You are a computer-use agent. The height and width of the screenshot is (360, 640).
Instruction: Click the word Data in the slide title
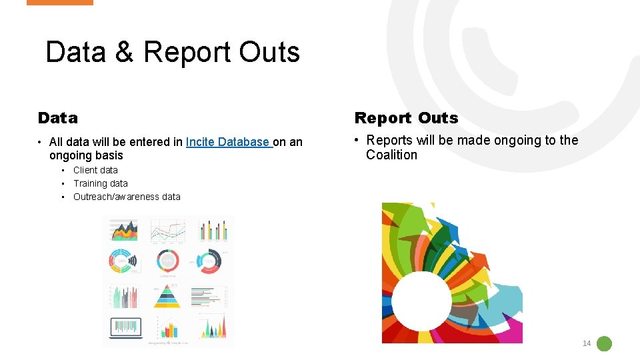pyautogui.click(x=75, y=52)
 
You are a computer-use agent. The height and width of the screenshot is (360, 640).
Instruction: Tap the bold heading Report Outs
pyautogui.click(x=406, y=118)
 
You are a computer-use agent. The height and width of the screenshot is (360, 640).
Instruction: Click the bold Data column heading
pyautogui.click(x=58, y=118)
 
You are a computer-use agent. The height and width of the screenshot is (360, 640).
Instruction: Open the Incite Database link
pyautogui.click(x=229, y=142)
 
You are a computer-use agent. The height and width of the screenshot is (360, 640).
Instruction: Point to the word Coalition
pyautogui.click(x=391, y=155)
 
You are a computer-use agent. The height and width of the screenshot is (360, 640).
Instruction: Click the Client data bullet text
pyautogui.click(x=95, y=170)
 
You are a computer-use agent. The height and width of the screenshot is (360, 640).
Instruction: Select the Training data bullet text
pyautogui.click(x=100, y=183)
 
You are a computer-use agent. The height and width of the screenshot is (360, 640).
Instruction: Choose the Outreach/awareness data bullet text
pyautogui.click(x=127, y=197)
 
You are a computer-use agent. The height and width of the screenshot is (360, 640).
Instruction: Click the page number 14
pyautogui.click(x=587, y=343)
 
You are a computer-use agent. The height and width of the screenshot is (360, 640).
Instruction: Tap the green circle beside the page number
pyautogui.click(x=604, y=344)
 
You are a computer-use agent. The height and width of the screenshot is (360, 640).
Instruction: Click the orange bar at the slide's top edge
pyautogui.click(x=60, y=3)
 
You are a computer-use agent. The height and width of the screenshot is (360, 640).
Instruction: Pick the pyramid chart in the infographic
pyautogui.click(x=167, y=295)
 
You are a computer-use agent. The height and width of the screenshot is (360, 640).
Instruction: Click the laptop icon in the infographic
pyautogui.click(x=125, y=327)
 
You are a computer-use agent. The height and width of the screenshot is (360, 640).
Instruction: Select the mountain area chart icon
pyautogui.click(x=125, y=231)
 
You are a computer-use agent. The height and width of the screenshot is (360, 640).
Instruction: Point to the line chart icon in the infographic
pyautogui.click(x=167, y=231)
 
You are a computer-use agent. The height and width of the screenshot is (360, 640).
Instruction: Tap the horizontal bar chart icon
pyautogui.click(x=209, y=295)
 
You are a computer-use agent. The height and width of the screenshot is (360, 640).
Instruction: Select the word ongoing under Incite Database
pyautogui.click(x=69, y=155)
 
